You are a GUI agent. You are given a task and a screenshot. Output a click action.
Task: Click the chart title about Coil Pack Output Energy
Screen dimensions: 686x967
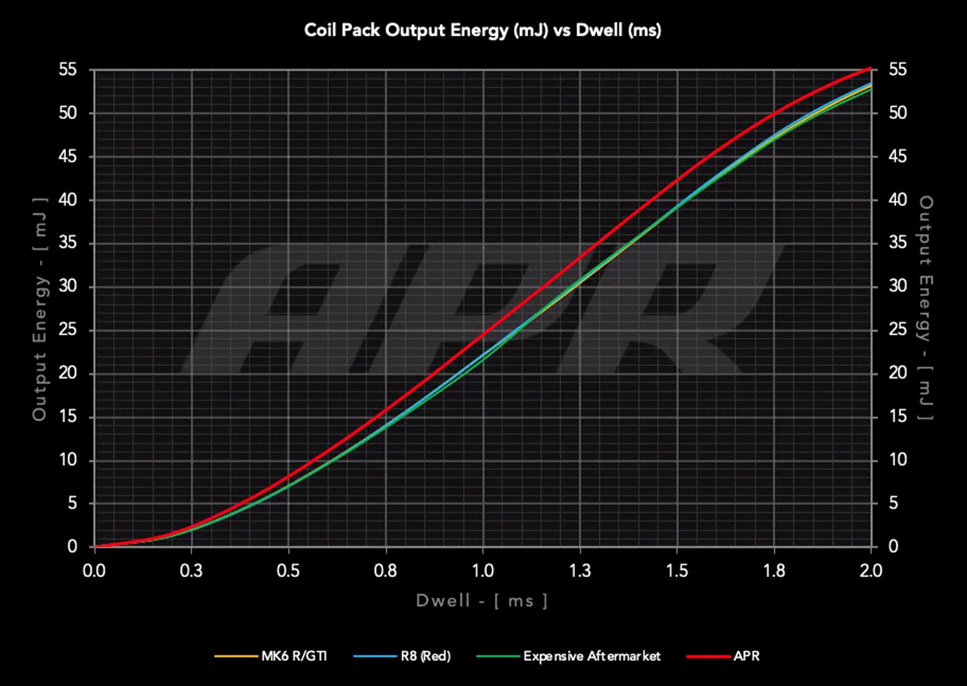point(483,30)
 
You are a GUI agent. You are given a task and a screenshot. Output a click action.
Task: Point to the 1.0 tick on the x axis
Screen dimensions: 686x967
point(483,571)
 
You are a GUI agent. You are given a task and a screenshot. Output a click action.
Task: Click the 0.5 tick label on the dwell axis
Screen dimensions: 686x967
point(288,571)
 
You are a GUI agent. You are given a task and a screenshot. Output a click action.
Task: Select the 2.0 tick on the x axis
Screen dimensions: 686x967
point(871,571)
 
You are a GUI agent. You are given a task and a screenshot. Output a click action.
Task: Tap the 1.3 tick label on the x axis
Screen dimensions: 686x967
point(579,571)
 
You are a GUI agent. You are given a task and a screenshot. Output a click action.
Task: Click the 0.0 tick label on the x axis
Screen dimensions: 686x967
point(94,571)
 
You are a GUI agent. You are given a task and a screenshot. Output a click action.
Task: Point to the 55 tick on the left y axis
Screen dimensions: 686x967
point(68,70)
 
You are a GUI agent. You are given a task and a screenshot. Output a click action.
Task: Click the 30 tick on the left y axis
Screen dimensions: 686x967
point(68,286)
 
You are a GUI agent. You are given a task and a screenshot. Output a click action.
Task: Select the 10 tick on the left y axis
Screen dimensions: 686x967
point(68,460)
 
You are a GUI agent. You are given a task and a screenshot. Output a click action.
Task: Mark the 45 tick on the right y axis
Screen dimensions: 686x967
point(897,156)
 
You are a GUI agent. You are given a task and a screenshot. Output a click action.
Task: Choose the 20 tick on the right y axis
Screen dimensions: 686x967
point(897,373)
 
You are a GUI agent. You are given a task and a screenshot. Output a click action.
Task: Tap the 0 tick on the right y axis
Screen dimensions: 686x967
point(893,546)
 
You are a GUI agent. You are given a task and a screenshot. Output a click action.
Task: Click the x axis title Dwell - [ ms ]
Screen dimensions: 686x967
point(482,601)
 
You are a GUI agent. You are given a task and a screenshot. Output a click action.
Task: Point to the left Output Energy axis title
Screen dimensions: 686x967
point(40,308)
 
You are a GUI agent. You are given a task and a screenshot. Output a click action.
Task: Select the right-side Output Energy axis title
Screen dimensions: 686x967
point(926,308)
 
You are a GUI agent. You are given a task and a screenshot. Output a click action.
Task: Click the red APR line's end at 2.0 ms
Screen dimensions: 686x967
point(870,68)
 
